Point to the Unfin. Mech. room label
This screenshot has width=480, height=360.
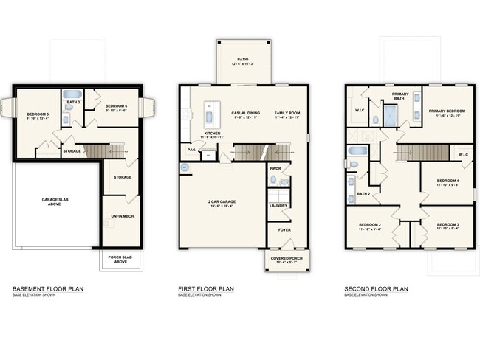[x=120, y=215]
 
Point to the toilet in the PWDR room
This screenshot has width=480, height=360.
[x=283, y=180]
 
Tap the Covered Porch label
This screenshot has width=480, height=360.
[x=284, y=260]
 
